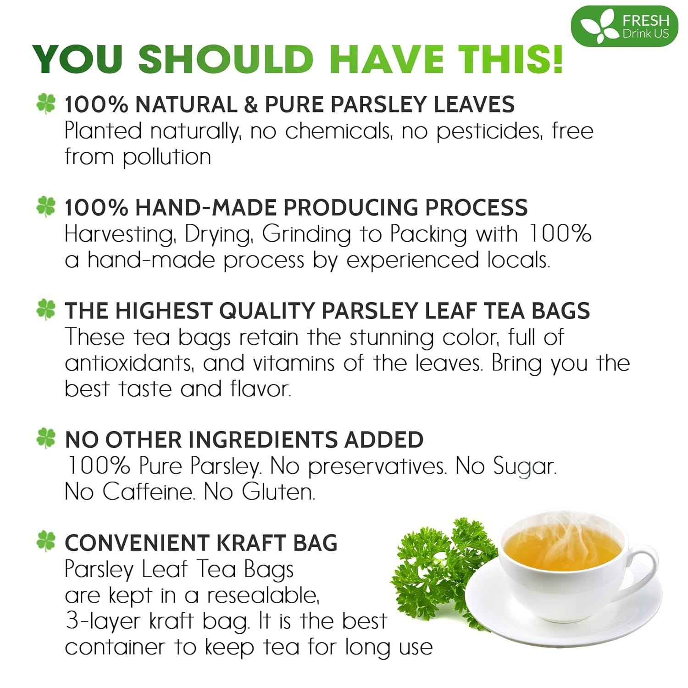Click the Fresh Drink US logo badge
(624, 26)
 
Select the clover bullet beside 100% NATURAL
(46, 104)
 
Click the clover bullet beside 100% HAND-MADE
(46, 207)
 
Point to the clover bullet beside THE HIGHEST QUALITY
(46, 310)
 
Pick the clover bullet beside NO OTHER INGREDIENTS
(46, 438)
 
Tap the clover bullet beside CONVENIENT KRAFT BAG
(46, 542)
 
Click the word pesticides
(490, 132)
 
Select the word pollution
(166, 157)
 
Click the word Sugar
(524, 467)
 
